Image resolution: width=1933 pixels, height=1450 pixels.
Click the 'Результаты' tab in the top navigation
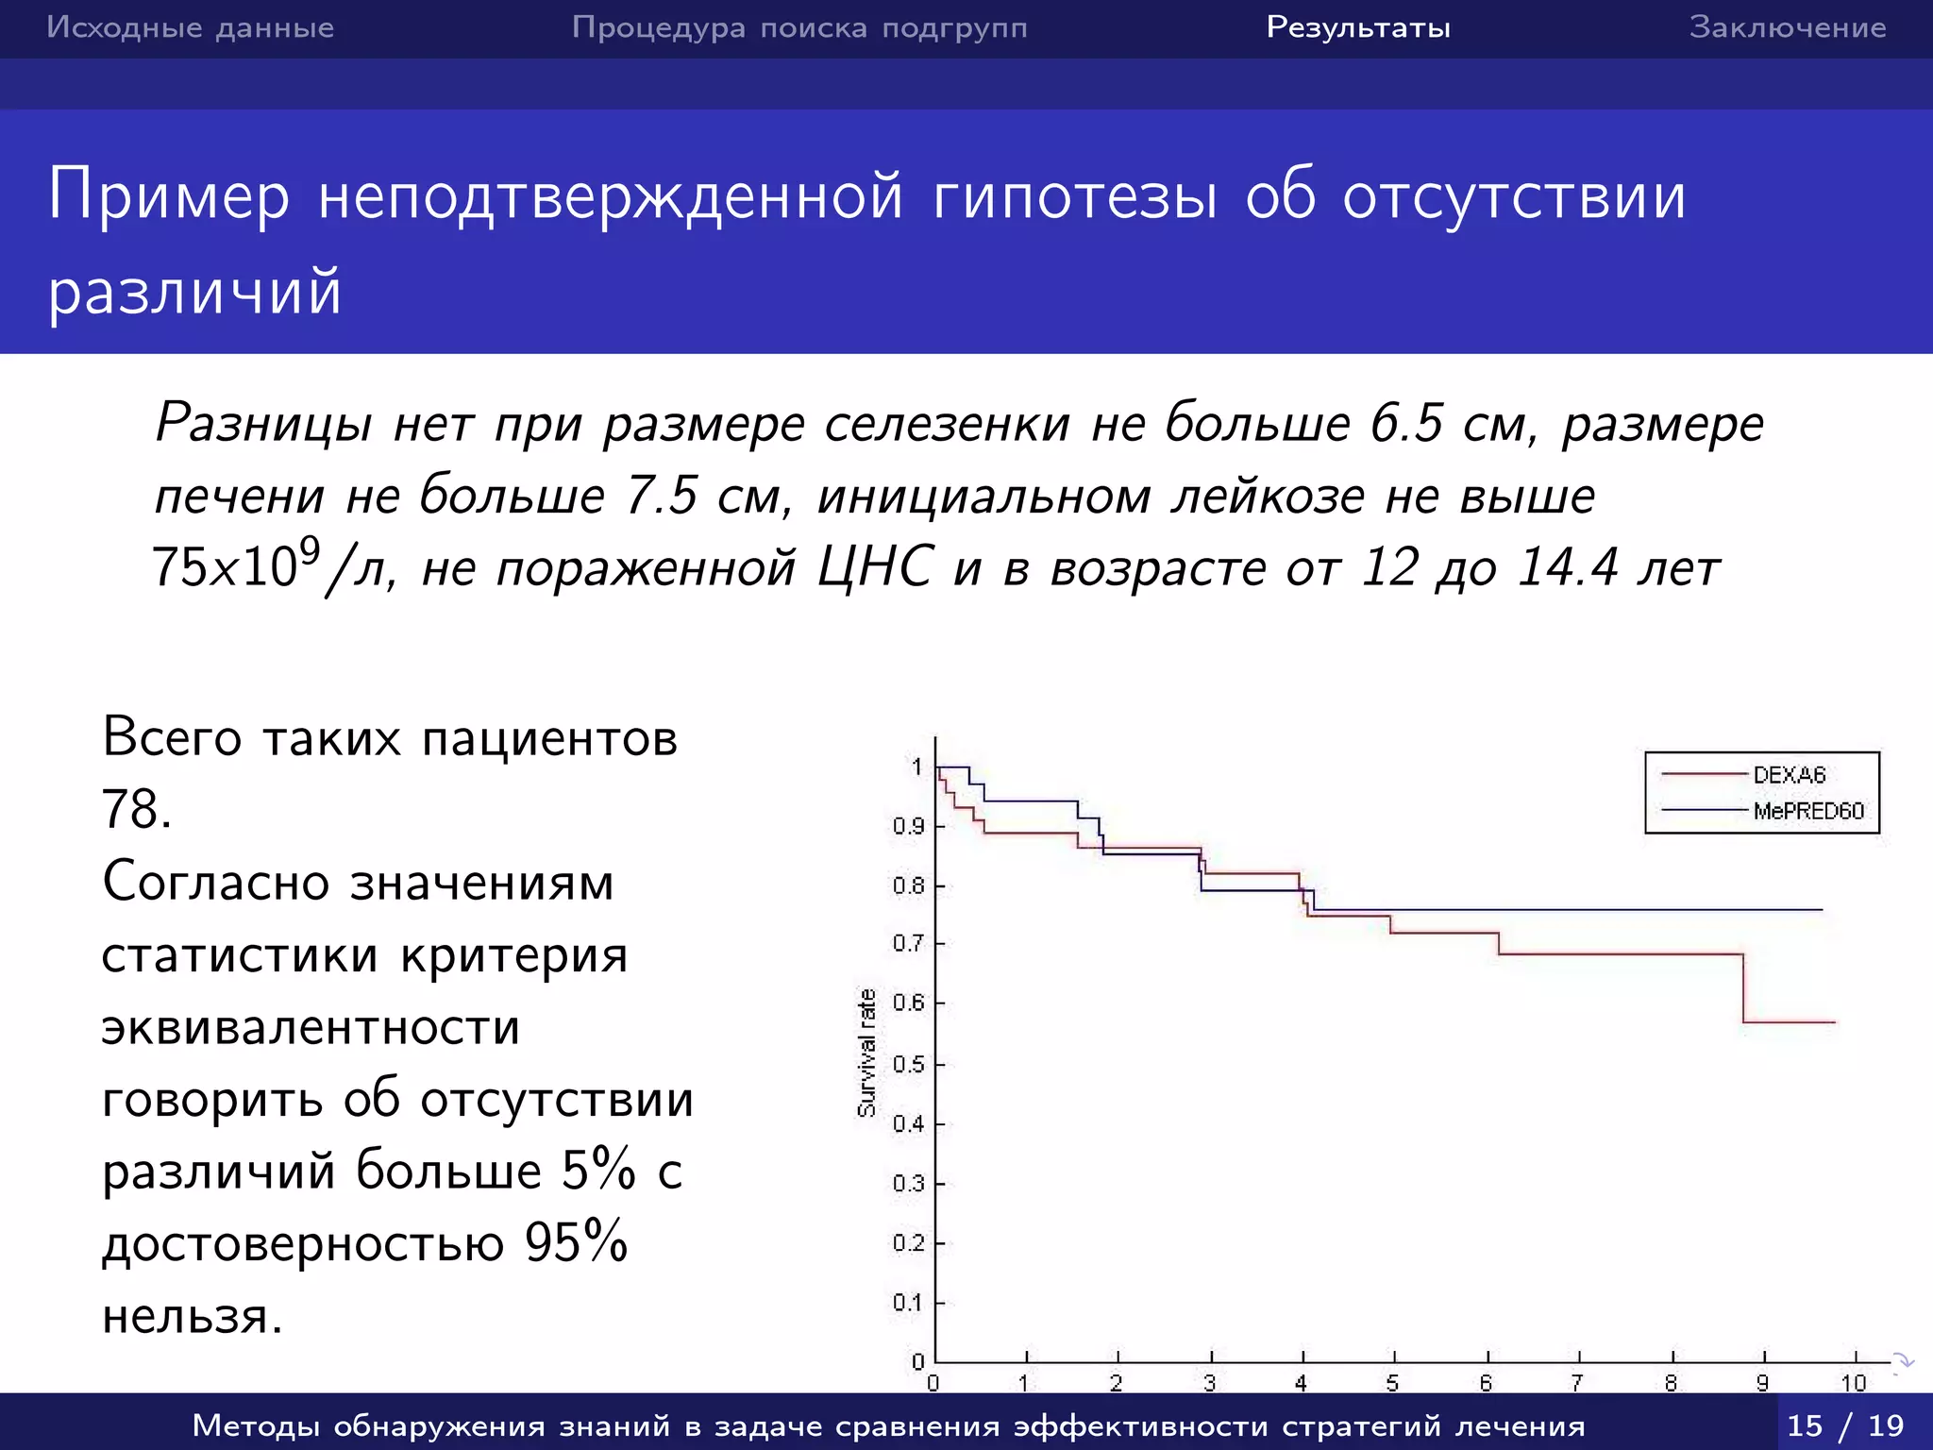(1358, 27)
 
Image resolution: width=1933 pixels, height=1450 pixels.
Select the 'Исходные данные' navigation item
(191, 27)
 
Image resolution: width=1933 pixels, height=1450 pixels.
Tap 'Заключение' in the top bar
(1788, 27)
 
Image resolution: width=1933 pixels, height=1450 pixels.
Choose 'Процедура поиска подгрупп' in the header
(799, 27)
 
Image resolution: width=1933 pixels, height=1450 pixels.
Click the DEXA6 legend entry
(1789, 775)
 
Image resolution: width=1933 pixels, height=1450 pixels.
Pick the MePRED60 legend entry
(1807, 811)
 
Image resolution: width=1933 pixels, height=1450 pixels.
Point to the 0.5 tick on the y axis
(908, 1064)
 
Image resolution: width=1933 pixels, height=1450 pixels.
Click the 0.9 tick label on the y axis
(908, 826)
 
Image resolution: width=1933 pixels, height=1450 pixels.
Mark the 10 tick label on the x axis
(1854, 1383)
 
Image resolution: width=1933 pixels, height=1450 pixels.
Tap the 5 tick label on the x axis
(1392, 1383)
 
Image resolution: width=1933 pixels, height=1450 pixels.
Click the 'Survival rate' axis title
(866, 1053)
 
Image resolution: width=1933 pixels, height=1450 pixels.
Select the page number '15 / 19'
(1845, 1425)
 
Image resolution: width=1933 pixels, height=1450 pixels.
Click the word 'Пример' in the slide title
(169, 195)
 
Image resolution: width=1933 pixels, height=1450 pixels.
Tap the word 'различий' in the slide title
(194, 291)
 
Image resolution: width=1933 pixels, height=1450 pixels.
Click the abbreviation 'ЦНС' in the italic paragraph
(875, 567)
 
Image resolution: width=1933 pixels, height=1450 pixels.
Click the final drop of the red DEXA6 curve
(1742, 988)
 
